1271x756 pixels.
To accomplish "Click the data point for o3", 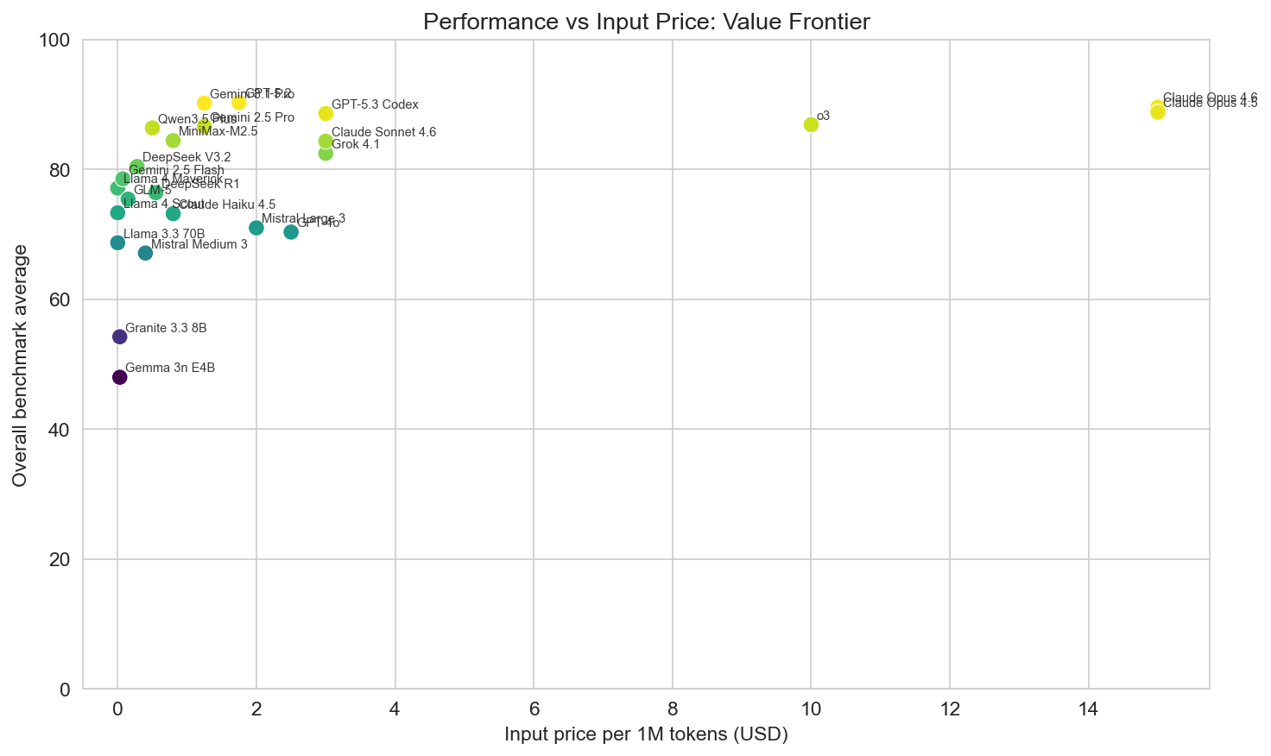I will (x=811, y=124).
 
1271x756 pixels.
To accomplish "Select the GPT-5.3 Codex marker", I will (x=326, y=114).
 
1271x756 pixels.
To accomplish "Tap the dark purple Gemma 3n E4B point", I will (x=120, y=377).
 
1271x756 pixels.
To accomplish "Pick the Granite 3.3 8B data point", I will (x=120, y=337).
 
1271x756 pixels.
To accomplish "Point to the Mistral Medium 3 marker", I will (x=145, y=253).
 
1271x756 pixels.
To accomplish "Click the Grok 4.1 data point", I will (x=326, y=153).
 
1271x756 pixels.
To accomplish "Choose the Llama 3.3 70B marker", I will (x=117, y=243).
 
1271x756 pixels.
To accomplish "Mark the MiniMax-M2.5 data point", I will (x=173, y=140).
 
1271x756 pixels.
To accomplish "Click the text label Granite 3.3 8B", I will (x=166, y=328).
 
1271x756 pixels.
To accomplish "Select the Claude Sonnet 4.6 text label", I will (x=383, y=132).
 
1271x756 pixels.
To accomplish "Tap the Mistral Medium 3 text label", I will (x=199, y=244).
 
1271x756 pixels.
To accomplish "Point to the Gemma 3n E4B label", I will (x=170, y=368).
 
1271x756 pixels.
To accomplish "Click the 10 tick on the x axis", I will (x=811, y=710).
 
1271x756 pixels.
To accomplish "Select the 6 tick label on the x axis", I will (x=534, y=710).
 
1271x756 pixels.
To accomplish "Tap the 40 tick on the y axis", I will (x=60, y=430).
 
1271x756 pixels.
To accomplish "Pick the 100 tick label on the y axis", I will (x=55, y=40).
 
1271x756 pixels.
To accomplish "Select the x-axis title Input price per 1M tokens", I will (x=646, y=735).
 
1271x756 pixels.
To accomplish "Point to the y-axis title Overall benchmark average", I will (x=21, y=365).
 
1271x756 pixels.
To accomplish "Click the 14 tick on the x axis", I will (x=1088, y=710).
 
